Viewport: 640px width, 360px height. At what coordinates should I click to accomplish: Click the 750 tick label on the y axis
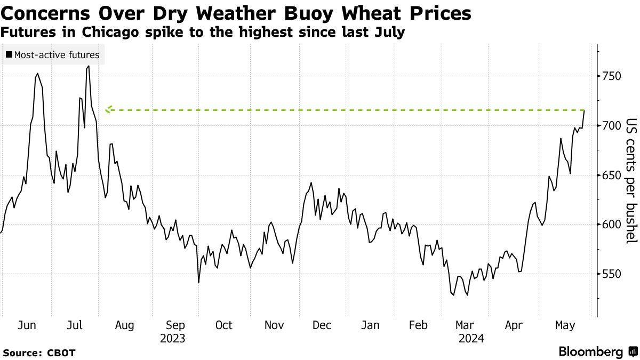609,76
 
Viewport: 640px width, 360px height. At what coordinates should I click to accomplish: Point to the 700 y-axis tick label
609,126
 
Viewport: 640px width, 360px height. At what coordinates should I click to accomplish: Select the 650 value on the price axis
609,175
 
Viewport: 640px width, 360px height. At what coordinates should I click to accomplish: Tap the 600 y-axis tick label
609,225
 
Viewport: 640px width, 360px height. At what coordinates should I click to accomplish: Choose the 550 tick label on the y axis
609,274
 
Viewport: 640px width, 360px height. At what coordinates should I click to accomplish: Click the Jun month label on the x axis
27,325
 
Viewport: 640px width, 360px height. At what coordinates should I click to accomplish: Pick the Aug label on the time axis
125,325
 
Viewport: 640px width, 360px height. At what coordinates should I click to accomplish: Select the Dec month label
322,325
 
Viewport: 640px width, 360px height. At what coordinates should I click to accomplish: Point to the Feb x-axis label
419,325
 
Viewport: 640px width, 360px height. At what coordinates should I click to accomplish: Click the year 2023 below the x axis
172,338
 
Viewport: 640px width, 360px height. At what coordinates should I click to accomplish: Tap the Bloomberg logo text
591,352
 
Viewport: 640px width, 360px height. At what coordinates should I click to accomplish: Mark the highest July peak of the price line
88,66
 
